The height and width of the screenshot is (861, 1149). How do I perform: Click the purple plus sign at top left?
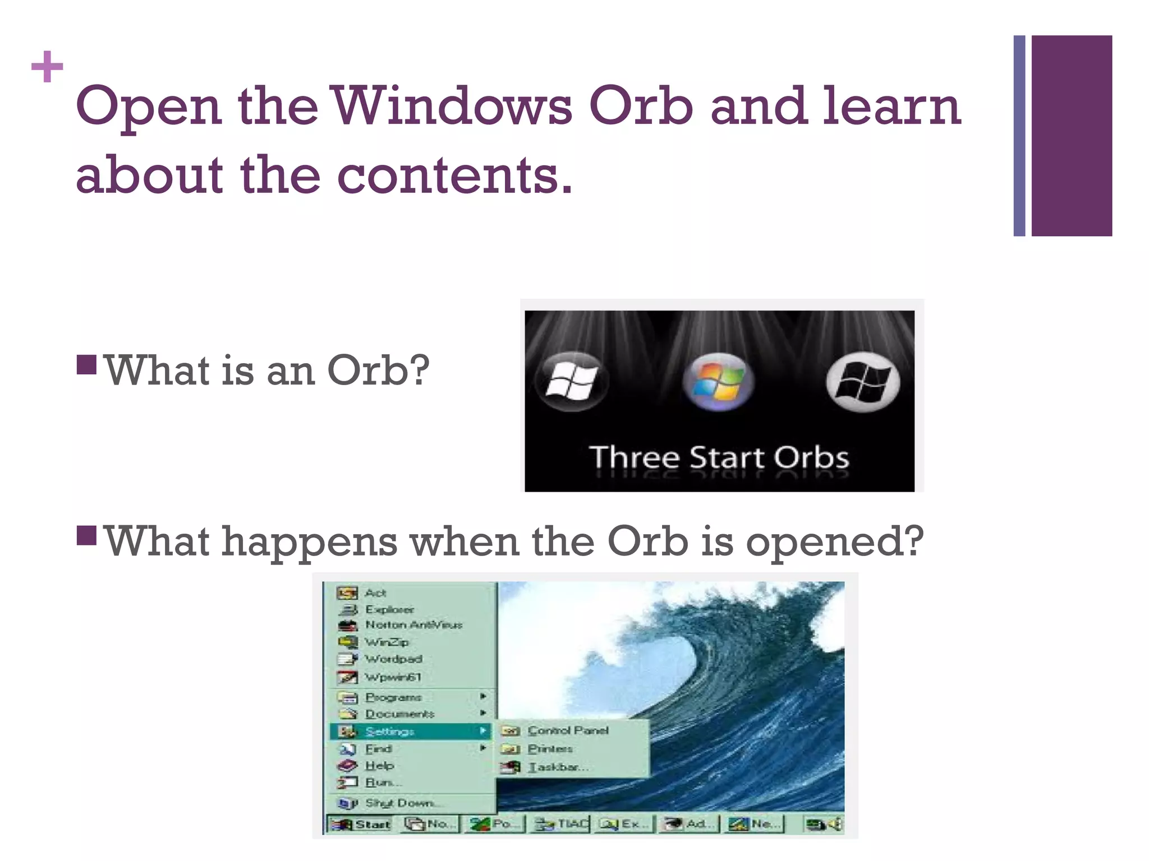tap(47, 67)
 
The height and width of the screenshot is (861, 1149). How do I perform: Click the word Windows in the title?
tap(452, 107)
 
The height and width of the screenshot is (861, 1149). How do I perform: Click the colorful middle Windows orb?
tap(718, 381)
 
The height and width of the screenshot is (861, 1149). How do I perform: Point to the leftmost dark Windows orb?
tap(572, 381)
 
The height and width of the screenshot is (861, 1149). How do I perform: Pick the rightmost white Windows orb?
tap(862, 382)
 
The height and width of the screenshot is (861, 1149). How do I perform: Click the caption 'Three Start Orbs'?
tap(719, 457)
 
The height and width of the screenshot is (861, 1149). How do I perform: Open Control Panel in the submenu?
tap(568, 730)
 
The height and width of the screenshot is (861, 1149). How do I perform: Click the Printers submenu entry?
tap(550, 749)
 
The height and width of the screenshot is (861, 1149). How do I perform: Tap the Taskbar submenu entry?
tap(558, 767)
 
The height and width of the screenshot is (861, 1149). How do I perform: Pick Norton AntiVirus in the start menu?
tap(413, 624)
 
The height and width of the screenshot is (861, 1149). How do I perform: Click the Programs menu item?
tap(393, 697)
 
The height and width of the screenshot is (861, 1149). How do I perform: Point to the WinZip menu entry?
tap(387, 642)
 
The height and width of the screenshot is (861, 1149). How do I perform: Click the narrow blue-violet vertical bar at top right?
tap(1019, 136)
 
